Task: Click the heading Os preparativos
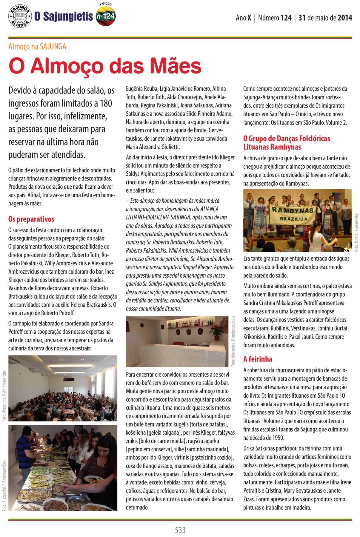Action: click(31, 219)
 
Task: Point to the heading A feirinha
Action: click(258, 358)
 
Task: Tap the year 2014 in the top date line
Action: click(345, 18)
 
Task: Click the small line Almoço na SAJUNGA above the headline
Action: click(37, 47)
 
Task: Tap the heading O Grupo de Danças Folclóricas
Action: click(287, 139)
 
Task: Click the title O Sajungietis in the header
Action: click(64, 17)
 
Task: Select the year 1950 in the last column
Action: click(277, 438)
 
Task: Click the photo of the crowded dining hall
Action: click(63, 388)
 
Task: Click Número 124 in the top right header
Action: click(275, 18)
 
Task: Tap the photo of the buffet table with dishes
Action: click(63, 468)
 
